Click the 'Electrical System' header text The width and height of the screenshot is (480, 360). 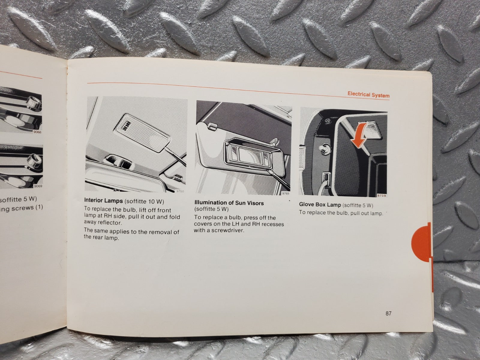[x=368, y=95]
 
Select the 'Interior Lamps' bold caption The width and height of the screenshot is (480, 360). [x=103, y=200]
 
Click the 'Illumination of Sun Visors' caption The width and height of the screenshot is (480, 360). [x=229, y=203]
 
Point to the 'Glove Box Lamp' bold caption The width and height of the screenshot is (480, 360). [x=320, y=205]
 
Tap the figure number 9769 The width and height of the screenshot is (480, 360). [x=285, y=193]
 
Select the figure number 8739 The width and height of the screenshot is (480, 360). [x=382, y=196]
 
